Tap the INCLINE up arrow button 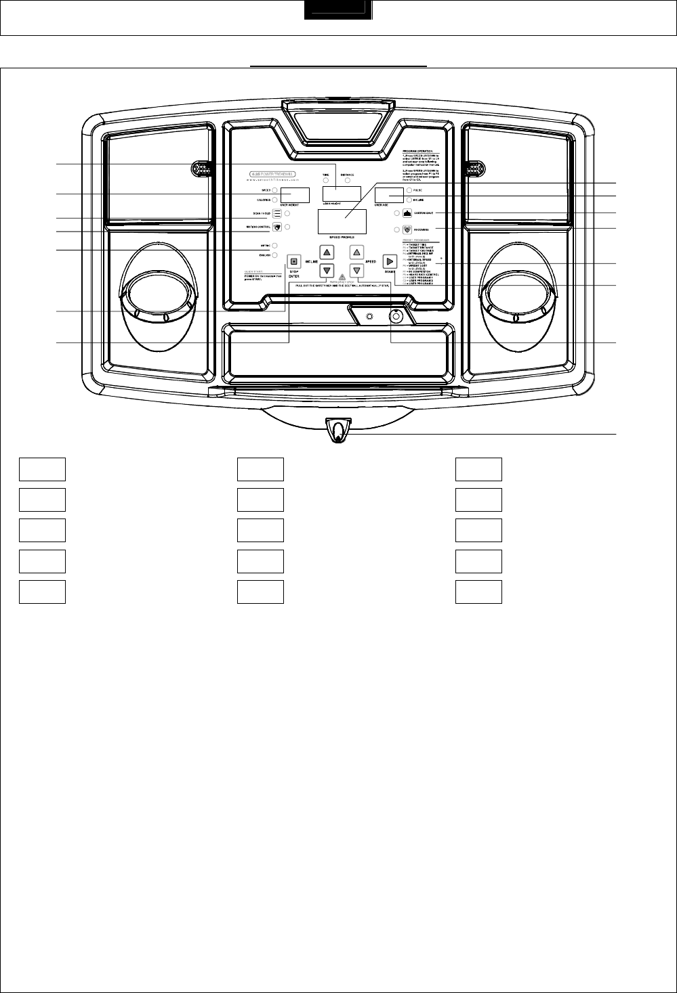click(x=327, y=252)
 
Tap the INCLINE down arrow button click(x=327, y=270)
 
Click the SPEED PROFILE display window click(x=342, y=222)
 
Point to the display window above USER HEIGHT click(x=341, y=194)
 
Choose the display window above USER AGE click(x=389, y=195)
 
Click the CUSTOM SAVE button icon click(x=407, y=213)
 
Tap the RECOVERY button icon click(x=407, y=230)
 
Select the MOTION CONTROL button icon click(x=277, y=226)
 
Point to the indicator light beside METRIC click(x=275, y=245)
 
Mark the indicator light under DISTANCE click(x=348, y=181)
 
